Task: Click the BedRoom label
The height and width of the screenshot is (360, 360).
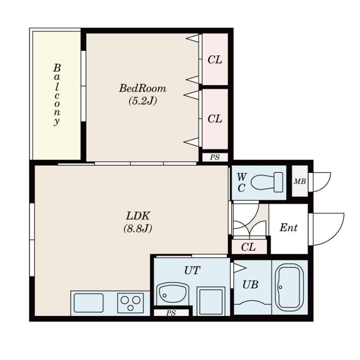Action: click(142, 88)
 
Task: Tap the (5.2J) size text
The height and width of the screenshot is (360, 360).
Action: click(143, 100)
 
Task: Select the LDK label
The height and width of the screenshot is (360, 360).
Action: click(138, 216)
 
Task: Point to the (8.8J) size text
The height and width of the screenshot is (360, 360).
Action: click(138, 229)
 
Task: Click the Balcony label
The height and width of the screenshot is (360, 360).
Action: click(57, 94)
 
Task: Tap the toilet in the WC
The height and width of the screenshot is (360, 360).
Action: click(267, 182)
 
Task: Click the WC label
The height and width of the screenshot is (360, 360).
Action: click(241, 183)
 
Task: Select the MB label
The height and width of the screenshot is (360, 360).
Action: click(300, 182)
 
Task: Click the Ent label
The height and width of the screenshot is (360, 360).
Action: click(288, 228)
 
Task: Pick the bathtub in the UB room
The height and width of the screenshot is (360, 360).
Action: click(289, 287)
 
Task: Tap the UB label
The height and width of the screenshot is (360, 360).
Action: click(250, 285)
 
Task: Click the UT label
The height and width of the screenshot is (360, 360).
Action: click(192, 270)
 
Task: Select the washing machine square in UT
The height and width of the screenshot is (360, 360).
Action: click(211, 301)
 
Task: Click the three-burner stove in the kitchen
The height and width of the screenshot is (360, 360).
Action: click(130, 302)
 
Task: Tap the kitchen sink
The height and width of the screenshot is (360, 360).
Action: click(89, 303)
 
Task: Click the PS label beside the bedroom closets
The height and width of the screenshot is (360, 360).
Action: click(215, 157)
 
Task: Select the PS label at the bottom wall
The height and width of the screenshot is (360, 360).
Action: click(171, 313)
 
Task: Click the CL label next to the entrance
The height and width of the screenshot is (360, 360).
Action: click(248, 247)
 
